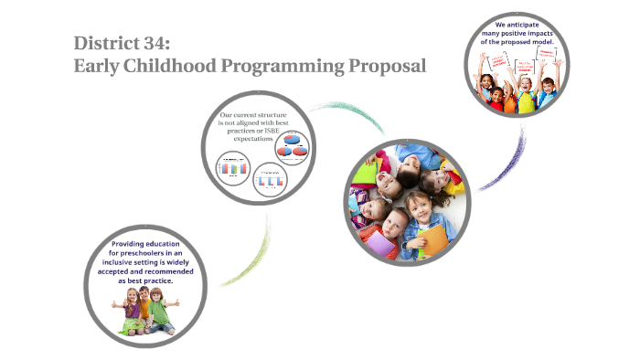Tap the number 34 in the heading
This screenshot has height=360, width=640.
click(167, 43)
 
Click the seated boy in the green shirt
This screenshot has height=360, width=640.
click(162, 311)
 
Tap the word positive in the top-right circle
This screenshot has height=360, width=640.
click(525, 33)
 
